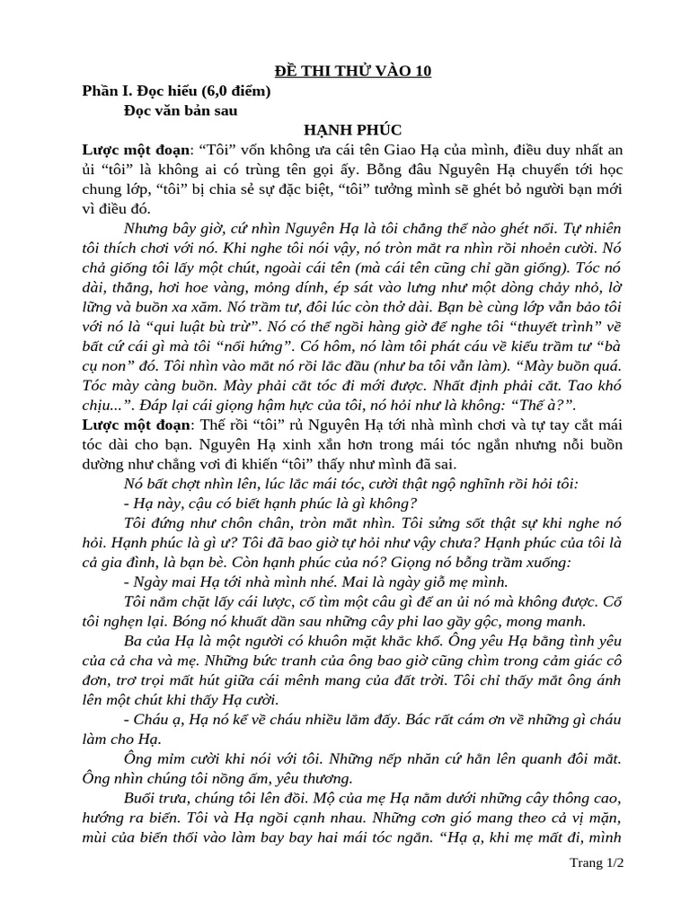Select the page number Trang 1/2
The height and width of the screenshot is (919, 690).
point(597,862)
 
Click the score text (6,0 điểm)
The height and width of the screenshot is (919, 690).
point(228,91)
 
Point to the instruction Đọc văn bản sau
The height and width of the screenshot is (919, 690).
point(181,110)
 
